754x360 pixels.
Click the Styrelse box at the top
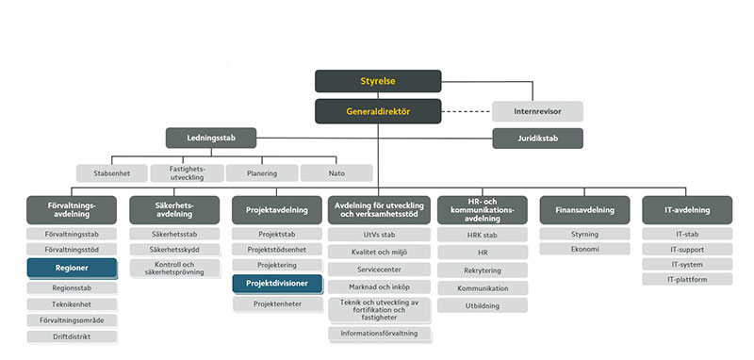coord(377,81)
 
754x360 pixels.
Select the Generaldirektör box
coord(377,112)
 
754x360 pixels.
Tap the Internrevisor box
coord(537,111)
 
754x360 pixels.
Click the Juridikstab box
coord(537,139)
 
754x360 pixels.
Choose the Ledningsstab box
coord(212,138)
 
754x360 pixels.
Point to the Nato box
coord(336,172)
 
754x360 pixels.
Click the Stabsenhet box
coord(111,172)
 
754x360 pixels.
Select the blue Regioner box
coord(72,268)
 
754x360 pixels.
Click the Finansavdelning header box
coord(584,210)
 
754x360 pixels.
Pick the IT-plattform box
coord(686,279)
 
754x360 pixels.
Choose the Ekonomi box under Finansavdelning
coord(584,249)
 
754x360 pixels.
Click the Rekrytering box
coord(482,270)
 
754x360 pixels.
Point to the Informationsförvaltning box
coord(380,334)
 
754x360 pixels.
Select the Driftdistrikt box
coord(72,336)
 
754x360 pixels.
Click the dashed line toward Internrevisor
coord(467,112)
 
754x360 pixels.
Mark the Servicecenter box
coord(380,269)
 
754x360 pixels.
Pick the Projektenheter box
coord(276,304)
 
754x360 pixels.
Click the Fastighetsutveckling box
coord(187,172)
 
